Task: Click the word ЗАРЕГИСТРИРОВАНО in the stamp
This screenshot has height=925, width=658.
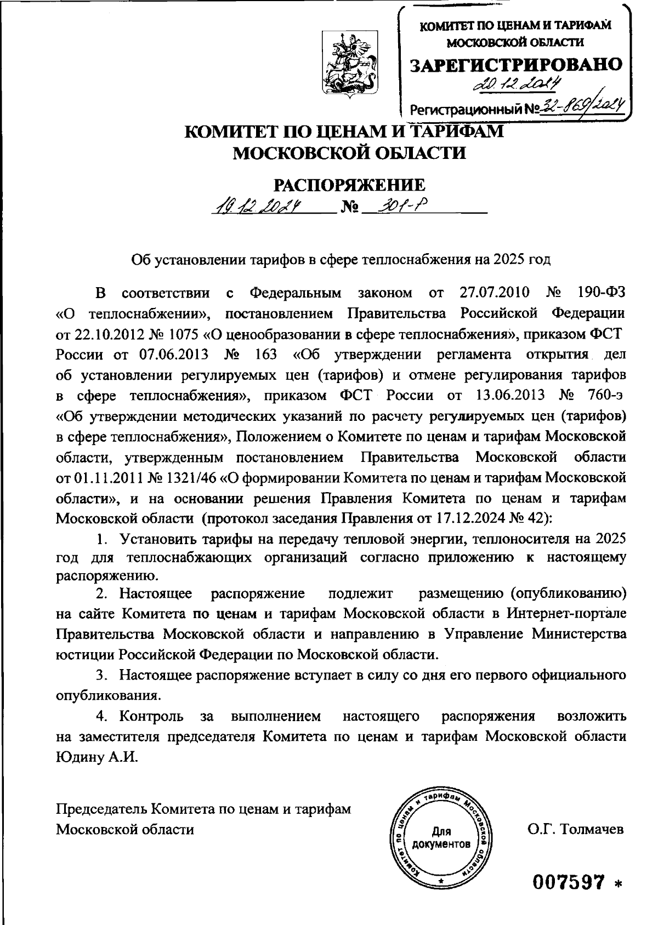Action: [517, 65]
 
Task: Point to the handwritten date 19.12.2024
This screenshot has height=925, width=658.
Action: [260, 207]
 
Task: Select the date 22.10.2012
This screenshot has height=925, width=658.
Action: [104, 334]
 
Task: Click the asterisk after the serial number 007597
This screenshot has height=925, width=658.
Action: [619, 884]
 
